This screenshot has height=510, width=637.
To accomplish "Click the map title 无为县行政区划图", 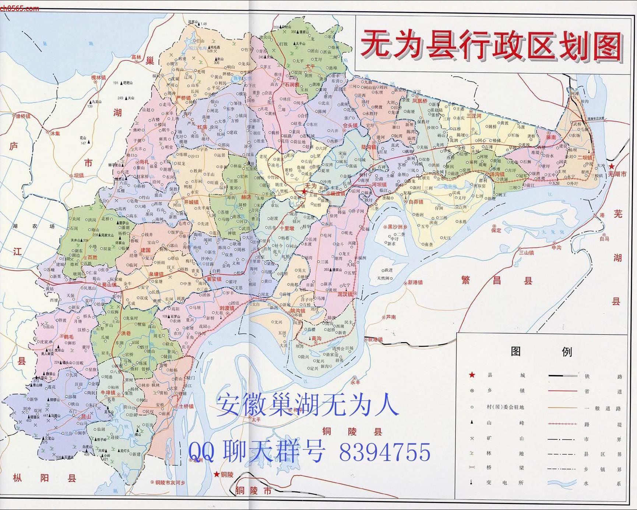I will [x=492, y=46].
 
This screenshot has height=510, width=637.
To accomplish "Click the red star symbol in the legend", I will [x=472, y=375].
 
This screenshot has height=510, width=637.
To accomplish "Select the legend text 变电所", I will [x=504, y=482].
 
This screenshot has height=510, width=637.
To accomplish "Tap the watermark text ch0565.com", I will [x=19, y=8].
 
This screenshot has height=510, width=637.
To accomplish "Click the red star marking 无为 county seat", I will [x=304, y=191].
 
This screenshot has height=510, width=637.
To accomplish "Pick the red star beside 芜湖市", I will [x=611, y=167].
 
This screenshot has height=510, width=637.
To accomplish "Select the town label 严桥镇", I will [x=183, y=98].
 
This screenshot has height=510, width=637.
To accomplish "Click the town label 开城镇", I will [x=191, y=202].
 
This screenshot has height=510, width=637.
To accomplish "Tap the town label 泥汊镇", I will [x=345, y=294].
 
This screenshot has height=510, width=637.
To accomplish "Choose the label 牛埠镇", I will [x=108, y=393].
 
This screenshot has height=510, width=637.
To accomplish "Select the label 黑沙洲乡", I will [x=398, y=227].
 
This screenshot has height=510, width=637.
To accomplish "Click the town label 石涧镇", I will [x=290, y=84].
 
